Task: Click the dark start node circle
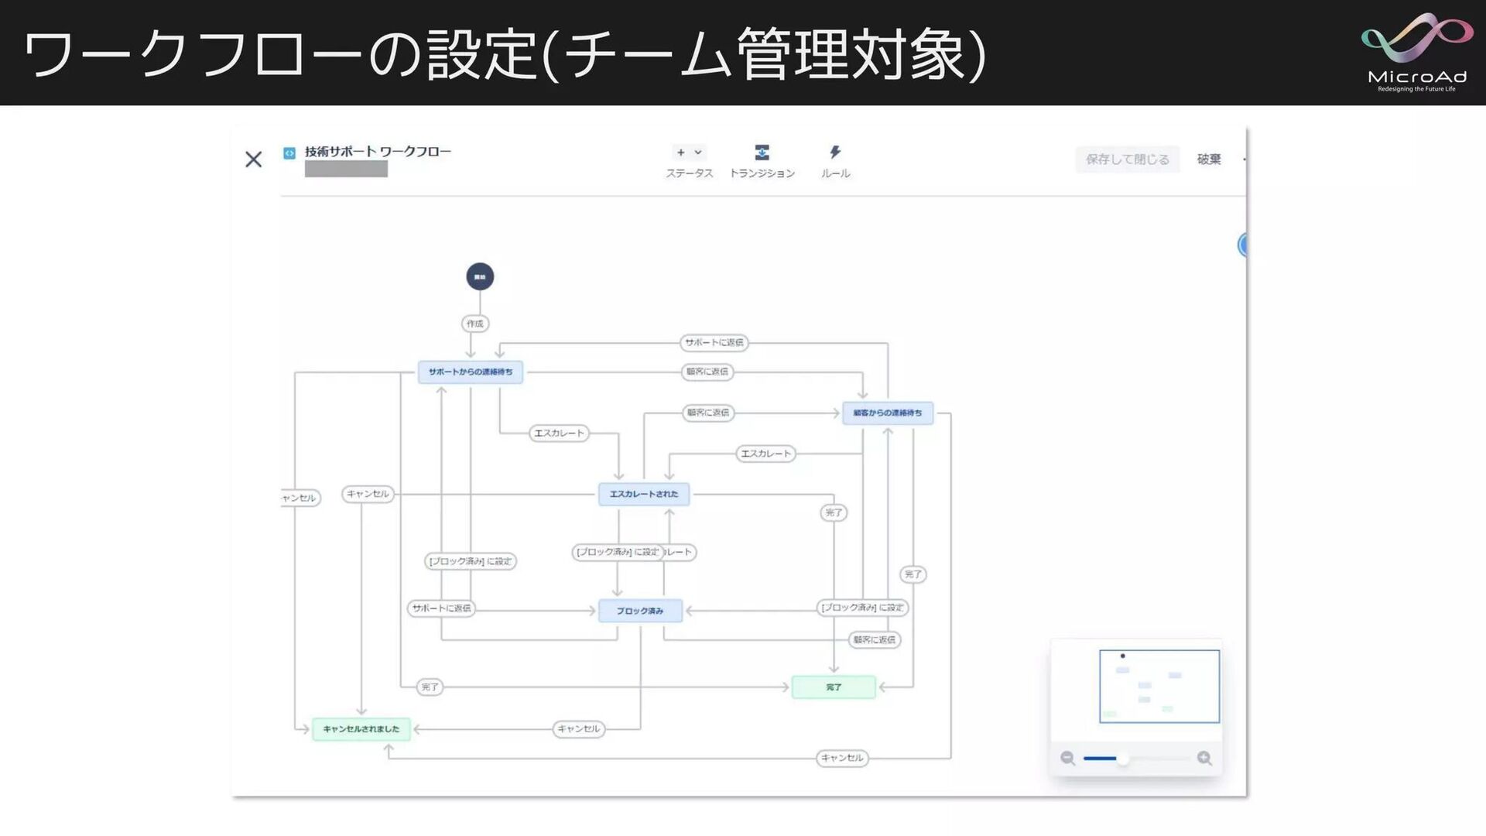[x=480, y=276]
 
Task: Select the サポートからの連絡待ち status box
[x=471, y=372]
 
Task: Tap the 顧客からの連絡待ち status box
[x=887, y=413]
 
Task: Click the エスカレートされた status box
[x=643, y=494]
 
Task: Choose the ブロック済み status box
[x=640, y=611]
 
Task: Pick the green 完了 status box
[x=834, y=687]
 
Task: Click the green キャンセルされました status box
[x=361, y=729]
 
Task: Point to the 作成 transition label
[x=475, y=324]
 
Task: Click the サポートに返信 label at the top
[x=714, y=342]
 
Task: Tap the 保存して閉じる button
[x=1127, y=159]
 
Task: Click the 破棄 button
[x=1209, y=159]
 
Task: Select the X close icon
[x=253, y=159]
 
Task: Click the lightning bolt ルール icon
[x=835, y=152]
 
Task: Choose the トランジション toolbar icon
[x=762, y=152]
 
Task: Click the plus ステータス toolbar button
[x=688, y=152]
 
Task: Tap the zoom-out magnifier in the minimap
[x=1067, y=759]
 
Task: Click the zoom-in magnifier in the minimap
[x=1204, y=759]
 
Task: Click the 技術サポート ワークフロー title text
[x=378, y=152]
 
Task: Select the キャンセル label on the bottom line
[x=842, y=758]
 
